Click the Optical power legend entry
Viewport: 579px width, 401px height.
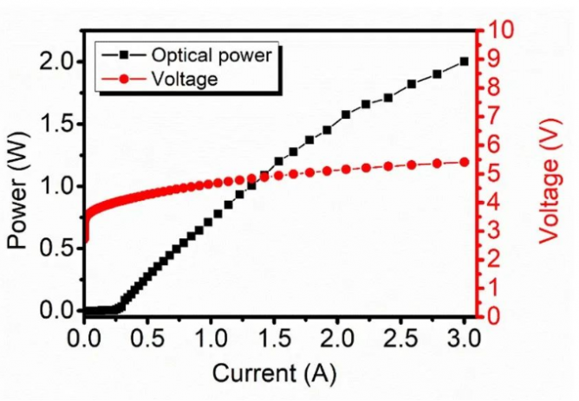(x=211, y=55)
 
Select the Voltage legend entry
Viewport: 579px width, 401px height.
(x=183, y=78)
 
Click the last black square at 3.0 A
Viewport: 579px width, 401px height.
(x=465, y=61)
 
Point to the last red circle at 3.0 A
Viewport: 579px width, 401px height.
(x=465, y=162)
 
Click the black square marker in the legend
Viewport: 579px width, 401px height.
(x=125, y=55)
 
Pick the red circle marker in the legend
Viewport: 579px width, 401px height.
(x=125, y=78)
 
